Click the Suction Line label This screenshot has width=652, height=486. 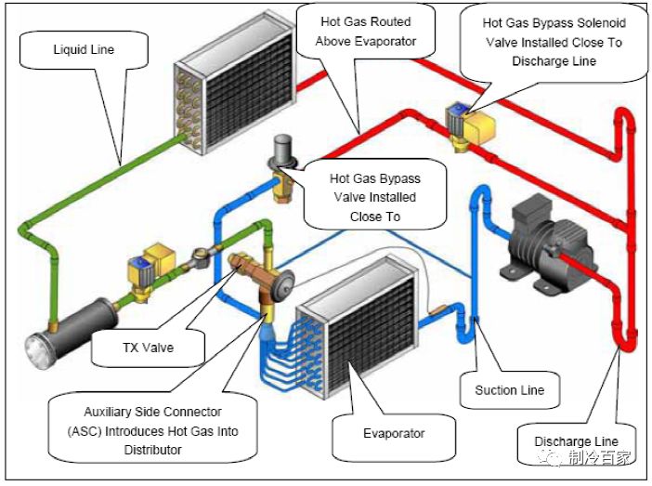510,389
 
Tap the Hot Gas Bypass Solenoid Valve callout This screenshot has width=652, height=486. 554,41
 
